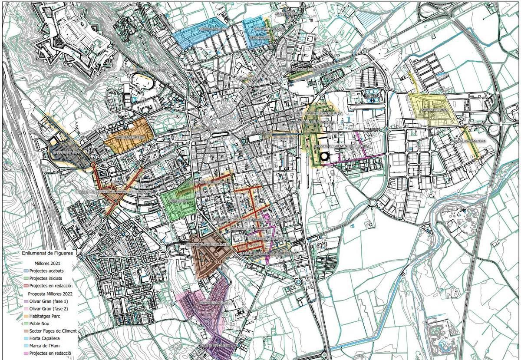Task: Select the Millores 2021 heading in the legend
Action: [47, 263]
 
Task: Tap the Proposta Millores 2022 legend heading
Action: [49, 294]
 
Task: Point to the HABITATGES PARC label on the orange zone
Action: [129, 137]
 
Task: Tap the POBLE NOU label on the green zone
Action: [178, 201]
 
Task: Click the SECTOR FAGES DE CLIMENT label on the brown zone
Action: [208, 244]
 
